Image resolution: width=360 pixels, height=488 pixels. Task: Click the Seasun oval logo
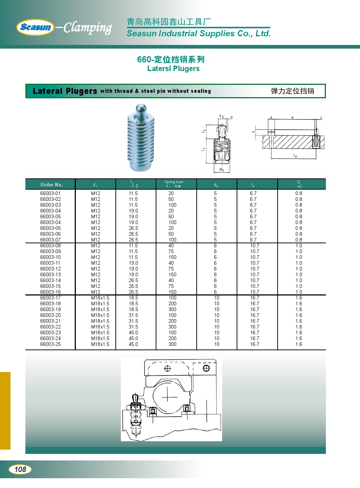click(x=35, y=27)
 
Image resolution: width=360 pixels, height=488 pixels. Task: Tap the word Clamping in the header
click(x=87, y=28)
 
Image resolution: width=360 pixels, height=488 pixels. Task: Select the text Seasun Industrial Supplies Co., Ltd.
click(x=199, y=34)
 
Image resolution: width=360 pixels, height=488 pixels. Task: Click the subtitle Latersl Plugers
click(x=173, y=69)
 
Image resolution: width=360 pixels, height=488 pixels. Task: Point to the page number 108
click(x=20, y=470)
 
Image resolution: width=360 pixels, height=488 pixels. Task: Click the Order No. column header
click(x=51, y=185)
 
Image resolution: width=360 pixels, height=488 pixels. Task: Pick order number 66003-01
click(x=50, y=194)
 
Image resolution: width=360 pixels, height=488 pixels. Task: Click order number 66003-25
click(x=50, y=344)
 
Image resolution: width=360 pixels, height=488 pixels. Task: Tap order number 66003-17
click(x=50, y=298)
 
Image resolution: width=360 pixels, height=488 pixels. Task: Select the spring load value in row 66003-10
click(x=172, y=257)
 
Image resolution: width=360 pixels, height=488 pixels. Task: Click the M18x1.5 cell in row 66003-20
click(x=100, y=315)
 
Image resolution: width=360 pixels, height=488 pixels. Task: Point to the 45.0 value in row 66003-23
click(x=133, y=333)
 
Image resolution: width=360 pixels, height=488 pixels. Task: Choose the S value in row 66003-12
click(x=299, y=269)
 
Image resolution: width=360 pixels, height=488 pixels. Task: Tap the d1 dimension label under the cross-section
click(x=221, y=170)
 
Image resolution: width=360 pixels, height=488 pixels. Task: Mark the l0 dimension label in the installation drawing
click(x=295, y=156)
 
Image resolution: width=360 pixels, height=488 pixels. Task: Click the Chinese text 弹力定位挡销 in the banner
click(x=292, y=91)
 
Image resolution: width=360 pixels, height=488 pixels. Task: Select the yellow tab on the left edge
click(x=5, y=410)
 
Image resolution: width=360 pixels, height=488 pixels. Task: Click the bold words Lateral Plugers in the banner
click(x=65, y=91)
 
